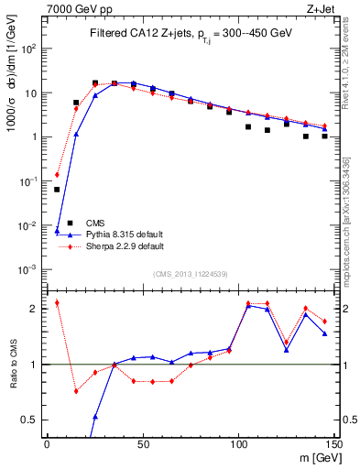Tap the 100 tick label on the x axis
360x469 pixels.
pyautogui.click(x=238, y=443)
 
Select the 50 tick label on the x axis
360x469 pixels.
pyautogui.click(x=142, y=443)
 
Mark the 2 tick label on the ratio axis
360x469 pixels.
pyautogui.click(x=37, y=310)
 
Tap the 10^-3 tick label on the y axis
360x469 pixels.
pyautogui.click(x=29, y=269)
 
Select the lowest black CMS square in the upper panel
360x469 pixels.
pyautogui.click(x=57, y=190)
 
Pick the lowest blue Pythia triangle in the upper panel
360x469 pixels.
pyautogui.click(x=57, y=231)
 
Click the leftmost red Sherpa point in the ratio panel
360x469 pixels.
pyautogui.click(x=57, y=302)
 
